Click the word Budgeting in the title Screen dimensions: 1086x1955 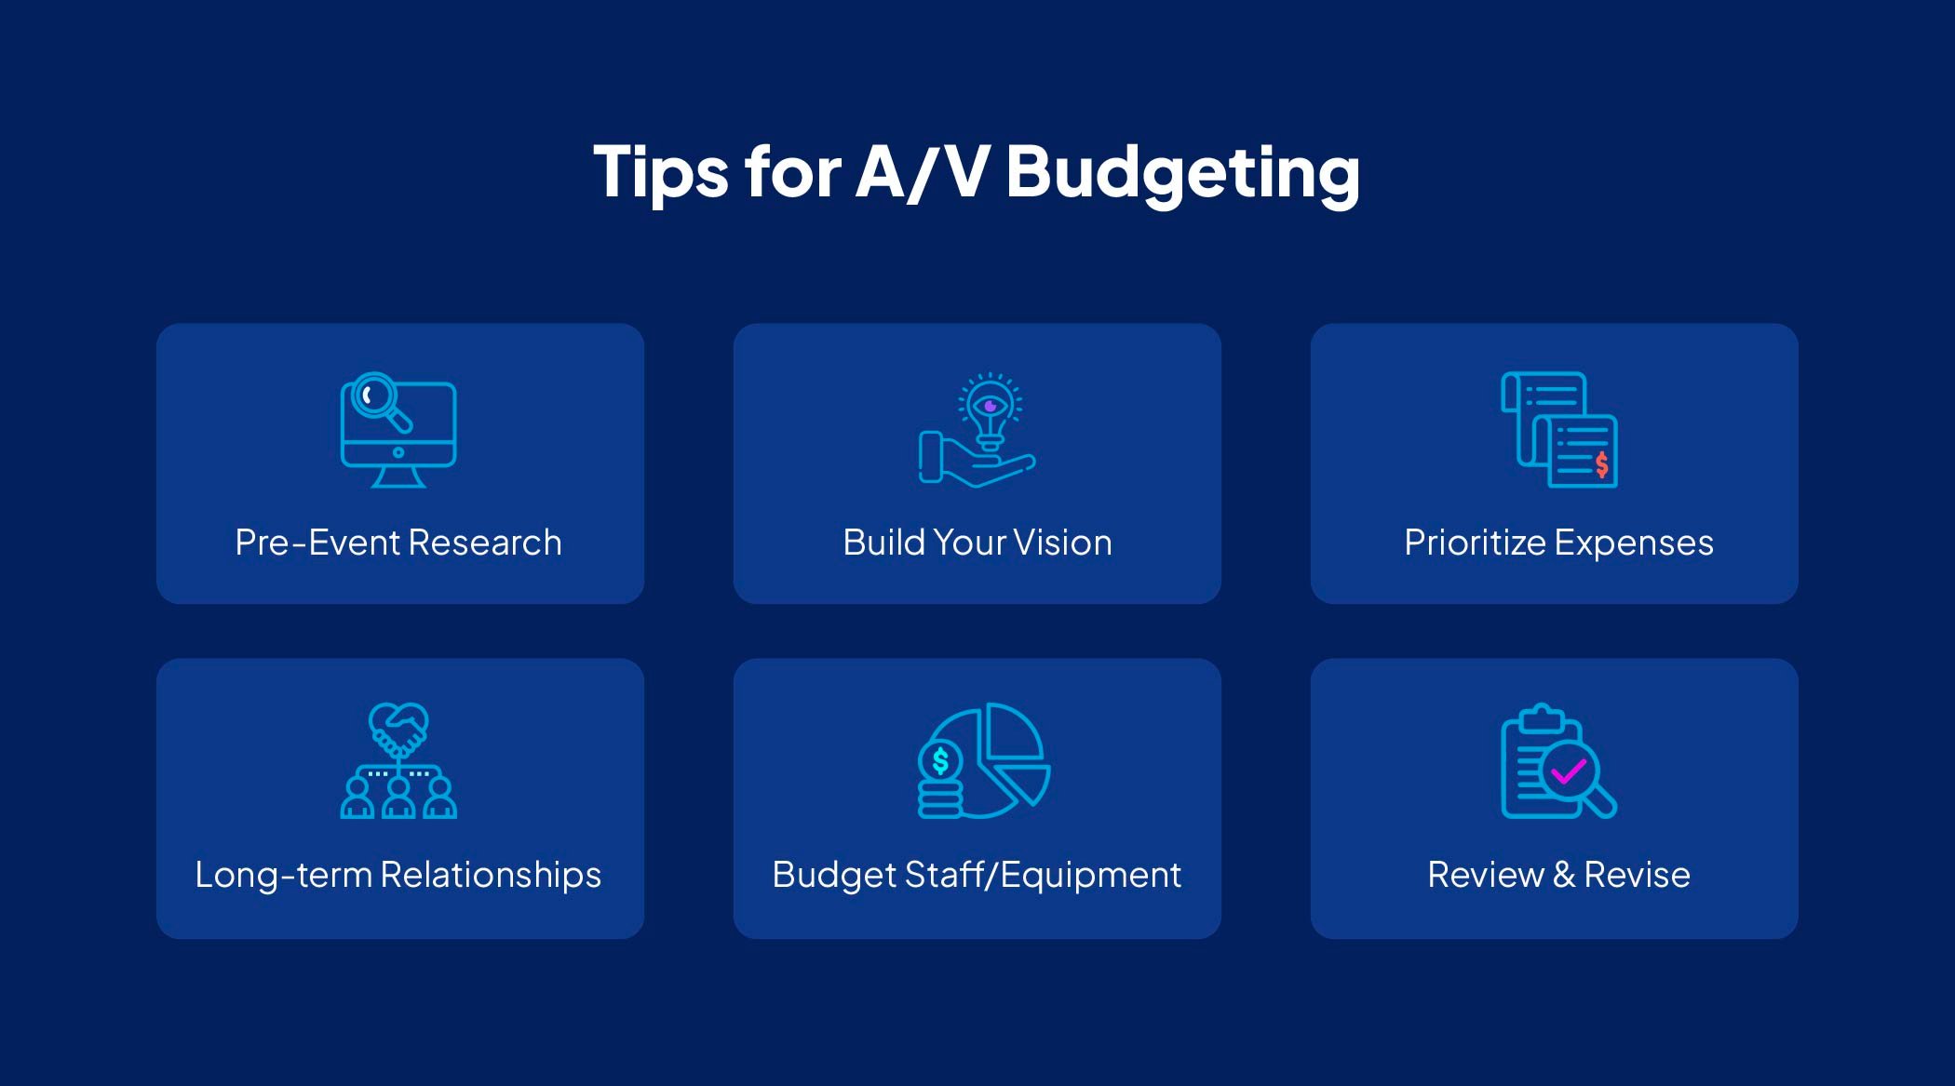click(1182, 173)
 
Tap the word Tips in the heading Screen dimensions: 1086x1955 click(660, 173)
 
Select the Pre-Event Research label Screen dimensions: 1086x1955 click(398, 543)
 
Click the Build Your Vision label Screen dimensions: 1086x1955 click(977, 543)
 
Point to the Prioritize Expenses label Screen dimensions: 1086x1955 click(1558, 543)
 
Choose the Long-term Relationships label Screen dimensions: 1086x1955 click(398, 875)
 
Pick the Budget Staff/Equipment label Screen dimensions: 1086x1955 click(977, 875)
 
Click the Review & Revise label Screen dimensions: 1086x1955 click(1558, 875)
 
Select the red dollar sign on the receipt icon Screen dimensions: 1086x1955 click(1601, 463)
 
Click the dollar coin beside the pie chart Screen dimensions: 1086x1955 click(940, 761)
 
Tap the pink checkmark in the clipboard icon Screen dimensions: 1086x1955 click(1569, 771)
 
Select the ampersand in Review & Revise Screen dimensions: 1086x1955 click(1563, 875)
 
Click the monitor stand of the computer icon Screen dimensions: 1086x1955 click(398, 476)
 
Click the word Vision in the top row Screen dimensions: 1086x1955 click(1062, 543)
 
